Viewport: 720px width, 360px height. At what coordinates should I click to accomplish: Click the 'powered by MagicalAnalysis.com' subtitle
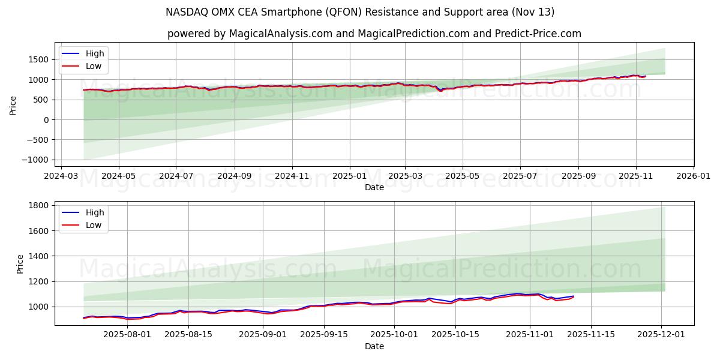374,34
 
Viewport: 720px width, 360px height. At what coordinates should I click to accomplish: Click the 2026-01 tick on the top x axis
694,177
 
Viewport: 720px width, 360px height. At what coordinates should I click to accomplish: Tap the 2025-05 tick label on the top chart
462,177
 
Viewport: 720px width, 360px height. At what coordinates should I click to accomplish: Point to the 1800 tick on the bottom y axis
39,205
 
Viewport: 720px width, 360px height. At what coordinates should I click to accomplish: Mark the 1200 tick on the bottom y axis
39,281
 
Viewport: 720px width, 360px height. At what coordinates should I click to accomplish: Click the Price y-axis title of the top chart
13,104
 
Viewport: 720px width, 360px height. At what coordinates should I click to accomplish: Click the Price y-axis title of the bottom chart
20,263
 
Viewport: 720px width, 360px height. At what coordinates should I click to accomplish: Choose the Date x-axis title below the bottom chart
374,347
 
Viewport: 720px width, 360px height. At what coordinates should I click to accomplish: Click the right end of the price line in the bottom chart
574,296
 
